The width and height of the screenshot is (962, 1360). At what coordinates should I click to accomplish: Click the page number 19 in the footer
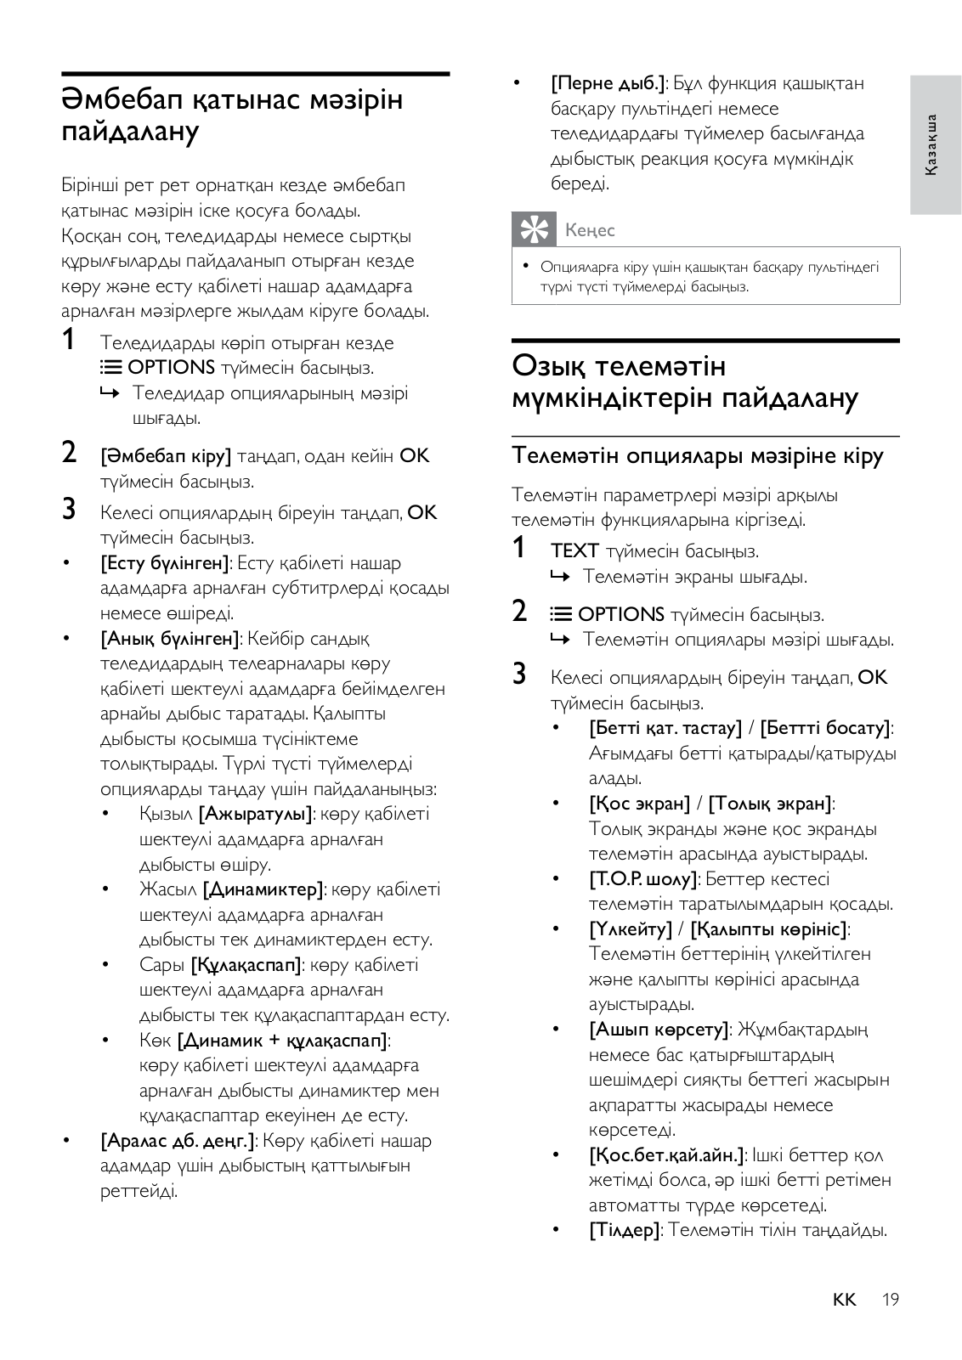coord(890,1299)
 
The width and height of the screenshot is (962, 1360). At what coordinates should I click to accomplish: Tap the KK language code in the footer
coord(844,1299)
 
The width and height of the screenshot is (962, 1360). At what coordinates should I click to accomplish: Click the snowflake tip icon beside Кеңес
coord(533,229)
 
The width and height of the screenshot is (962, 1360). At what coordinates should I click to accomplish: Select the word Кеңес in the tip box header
coord(590,230)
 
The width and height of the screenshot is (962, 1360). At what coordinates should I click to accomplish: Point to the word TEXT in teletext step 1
coord(574,551)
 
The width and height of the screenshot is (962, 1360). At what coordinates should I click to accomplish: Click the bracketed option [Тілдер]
coord(625,1230)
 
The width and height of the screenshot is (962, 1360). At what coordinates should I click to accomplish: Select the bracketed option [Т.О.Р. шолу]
coord(643,879)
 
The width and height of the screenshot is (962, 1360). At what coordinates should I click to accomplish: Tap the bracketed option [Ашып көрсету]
coord(659,1030)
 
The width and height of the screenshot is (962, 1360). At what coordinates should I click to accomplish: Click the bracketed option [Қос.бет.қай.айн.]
coord(667,1155)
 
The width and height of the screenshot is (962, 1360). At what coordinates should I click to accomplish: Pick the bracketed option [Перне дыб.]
coord(608,83)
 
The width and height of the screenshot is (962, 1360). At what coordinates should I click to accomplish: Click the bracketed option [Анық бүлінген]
coord(169,639)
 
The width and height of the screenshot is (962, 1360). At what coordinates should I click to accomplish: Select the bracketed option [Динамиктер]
coord(263,889)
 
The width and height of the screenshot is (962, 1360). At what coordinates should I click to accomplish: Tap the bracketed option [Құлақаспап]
coord(246,965)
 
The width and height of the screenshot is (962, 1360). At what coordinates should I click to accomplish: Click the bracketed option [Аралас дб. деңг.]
coord(178,1141)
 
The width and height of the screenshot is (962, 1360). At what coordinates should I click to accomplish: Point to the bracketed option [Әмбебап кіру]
coord(166,456)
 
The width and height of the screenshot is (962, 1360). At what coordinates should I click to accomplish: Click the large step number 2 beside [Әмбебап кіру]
coord(70,452)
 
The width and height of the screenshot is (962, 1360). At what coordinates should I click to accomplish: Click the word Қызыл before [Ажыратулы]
coord(166,814)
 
